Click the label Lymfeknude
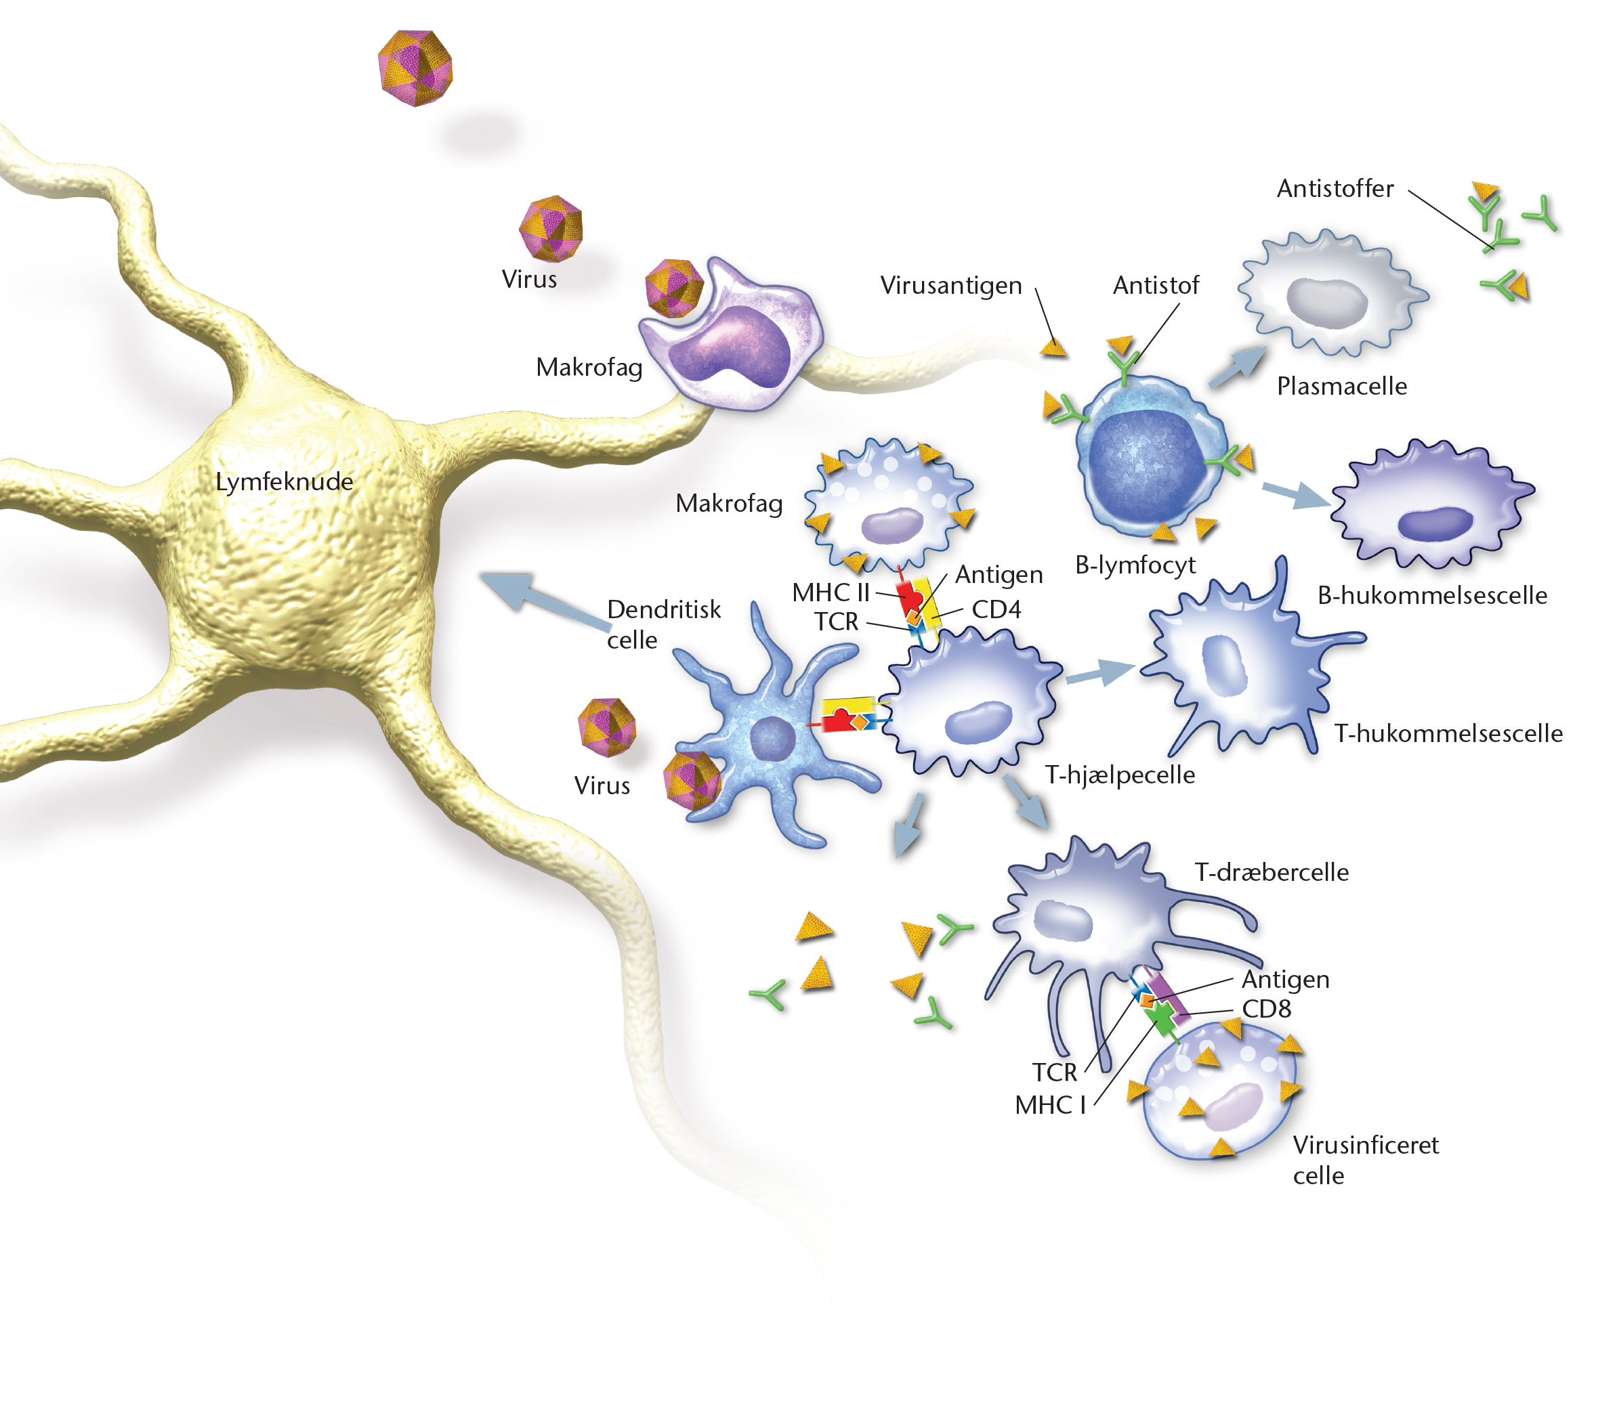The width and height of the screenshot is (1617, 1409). [x=284, y=482]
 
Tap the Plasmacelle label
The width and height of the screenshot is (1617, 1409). [x=1342, y=386]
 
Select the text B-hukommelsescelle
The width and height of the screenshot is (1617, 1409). [x=1432, y=595]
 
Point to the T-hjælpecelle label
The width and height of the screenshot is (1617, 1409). [x=1119, y=775]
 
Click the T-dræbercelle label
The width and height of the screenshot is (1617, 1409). [x=1272, y=872]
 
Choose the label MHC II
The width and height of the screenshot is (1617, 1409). [x=831, y=592]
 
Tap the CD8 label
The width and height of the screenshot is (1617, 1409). [x=1266, y=1009]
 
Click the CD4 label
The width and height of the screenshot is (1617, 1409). [x=996, y=609]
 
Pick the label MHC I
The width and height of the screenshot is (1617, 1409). [x=1050, y=1105]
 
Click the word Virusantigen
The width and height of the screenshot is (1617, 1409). [x=951, y=286]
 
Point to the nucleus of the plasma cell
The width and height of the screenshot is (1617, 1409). [x=1327, y=303]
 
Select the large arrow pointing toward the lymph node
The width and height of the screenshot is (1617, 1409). [x=547, y=601]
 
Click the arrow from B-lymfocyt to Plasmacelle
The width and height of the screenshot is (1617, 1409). [x=1238, y=367]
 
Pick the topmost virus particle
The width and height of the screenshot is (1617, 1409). [x=415, y=68]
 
